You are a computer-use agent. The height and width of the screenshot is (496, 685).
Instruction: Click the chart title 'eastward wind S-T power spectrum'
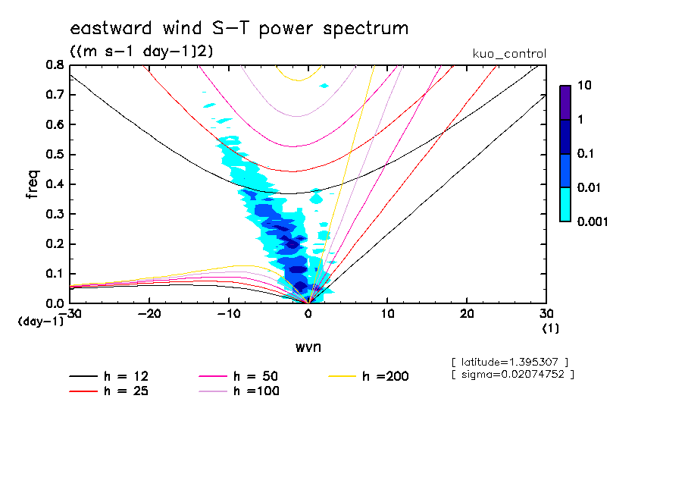coord(239,29)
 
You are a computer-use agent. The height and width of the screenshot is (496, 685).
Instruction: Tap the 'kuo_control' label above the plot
coord(508,54)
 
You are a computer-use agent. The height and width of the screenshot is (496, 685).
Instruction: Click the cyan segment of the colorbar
coord(565,204)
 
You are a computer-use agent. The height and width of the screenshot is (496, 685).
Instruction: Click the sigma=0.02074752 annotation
coord(512,374)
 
